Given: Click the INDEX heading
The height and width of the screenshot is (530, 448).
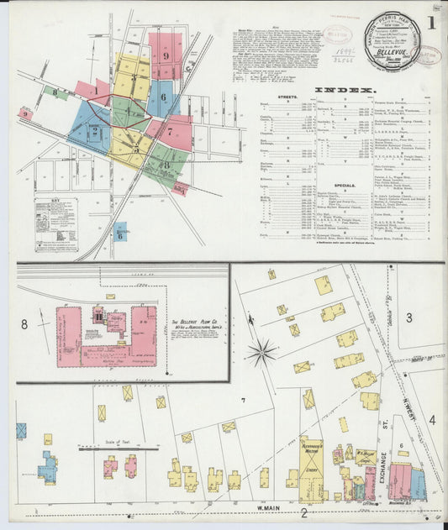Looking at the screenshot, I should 345,90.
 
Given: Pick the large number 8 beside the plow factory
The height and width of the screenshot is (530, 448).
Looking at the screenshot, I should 24,323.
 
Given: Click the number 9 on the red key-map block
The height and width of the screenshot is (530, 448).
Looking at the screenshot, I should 166,55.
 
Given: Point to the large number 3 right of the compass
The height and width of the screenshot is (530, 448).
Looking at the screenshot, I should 409,317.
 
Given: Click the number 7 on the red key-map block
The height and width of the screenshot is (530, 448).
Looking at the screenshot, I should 168,130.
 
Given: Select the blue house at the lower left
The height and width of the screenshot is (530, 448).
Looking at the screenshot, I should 47,467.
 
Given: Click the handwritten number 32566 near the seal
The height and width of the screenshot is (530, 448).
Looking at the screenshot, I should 343,60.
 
